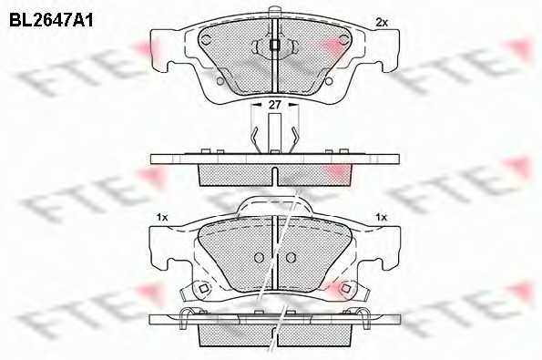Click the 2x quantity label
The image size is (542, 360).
(x=382, y=22)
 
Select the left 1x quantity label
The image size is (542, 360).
(x=163, y=217)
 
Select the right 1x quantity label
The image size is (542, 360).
(x=382, y=217)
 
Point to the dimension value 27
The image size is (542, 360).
(x=274, y=107)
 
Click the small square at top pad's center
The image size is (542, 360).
(x=274, y=46)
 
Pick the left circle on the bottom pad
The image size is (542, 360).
(x=258, y=256)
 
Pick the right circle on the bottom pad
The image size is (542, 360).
(x=290, y=256)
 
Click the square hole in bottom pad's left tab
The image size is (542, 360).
(x=202, y=290)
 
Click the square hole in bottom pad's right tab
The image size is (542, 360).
(x=346, y=290)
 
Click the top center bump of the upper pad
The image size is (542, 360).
(x=274, y=23)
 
